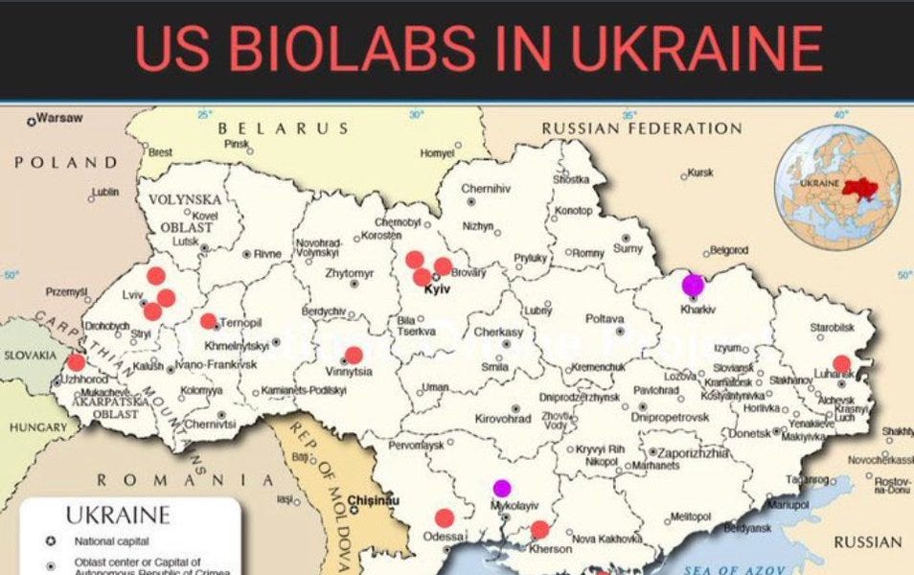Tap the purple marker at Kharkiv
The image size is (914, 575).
pyautogui.click(x=693, y=285)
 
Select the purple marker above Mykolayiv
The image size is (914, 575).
pyautogui.click(x=502, y=488)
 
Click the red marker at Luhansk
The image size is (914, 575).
pyautogui.click(x=841, y=363)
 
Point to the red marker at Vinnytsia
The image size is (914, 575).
pyautogui.click(x=354, y=355)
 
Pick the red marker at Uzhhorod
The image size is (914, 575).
pyautogui.click(x=76, y=362)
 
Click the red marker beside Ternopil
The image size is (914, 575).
pyautogui.click(x=208, y=321)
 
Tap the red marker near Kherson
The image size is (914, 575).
pyautogui.click(x=540, y=529)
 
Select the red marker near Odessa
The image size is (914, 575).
pyautogui.click(x=444, y=517)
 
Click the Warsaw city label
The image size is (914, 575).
pyautogui.click(x=60, y=119)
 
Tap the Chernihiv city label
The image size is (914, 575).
pyautogui.click(x=486, y=189)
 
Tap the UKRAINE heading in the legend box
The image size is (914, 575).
pyautogui.click(x=118, y=516)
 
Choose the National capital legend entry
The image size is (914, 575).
pyautogui.click(x=112, y=541)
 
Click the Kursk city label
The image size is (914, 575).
pyautogui.click(x=700, y=172)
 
